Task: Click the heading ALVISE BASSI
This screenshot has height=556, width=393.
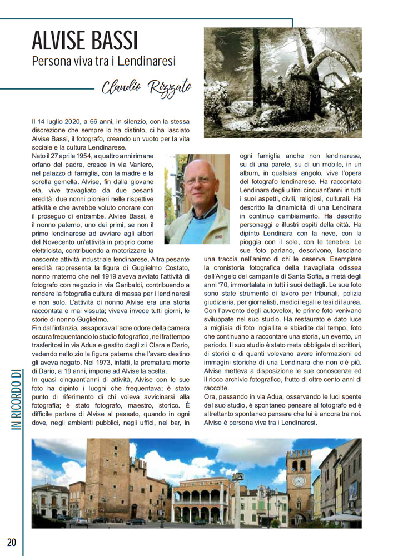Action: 84,41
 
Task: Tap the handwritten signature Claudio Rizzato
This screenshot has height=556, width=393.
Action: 146,87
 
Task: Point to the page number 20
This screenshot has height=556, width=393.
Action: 12,542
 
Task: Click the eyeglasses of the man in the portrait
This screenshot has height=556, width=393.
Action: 198,181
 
